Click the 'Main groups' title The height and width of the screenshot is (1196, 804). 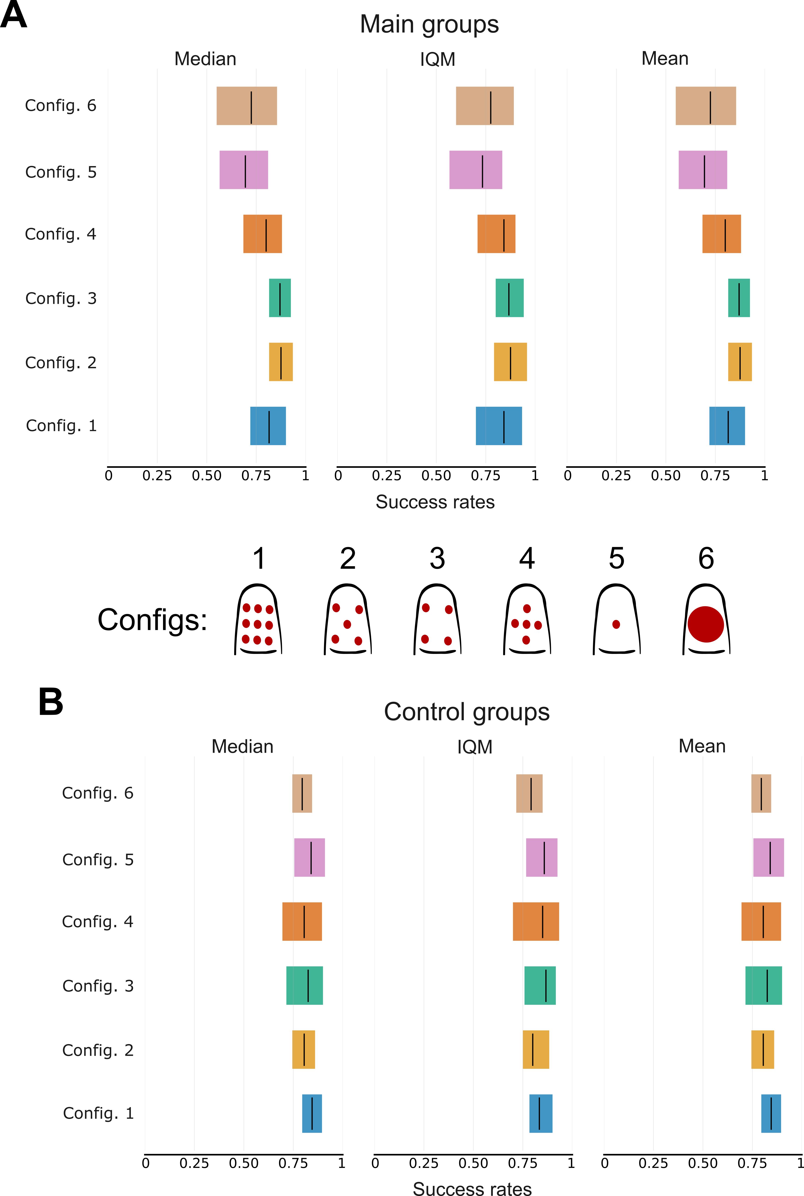(429, 25)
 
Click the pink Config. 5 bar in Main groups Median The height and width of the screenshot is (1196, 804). (244, 170)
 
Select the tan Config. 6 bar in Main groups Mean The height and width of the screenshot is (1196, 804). (705, 106)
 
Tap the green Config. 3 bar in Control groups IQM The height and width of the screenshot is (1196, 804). (540, 986)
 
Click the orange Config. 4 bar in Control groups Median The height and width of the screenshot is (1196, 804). (302, 922)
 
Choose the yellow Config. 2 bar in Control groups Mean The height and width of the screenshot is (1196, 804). (762, 1050)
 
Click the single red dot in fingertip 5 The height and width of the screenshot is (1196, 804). (616, 624)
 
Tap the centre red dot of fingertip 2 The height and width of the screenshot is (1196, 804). (347, 624)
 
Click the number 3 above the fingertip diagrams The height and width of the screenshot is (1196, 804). (437, 559)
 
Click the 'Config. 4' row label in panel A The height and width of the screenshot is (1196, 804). (61, 234)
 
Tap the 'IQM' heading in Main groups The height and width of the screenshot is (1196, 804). (437, 59)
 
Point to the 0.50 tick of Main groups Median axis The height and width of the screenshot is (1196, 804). (207, 476)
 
